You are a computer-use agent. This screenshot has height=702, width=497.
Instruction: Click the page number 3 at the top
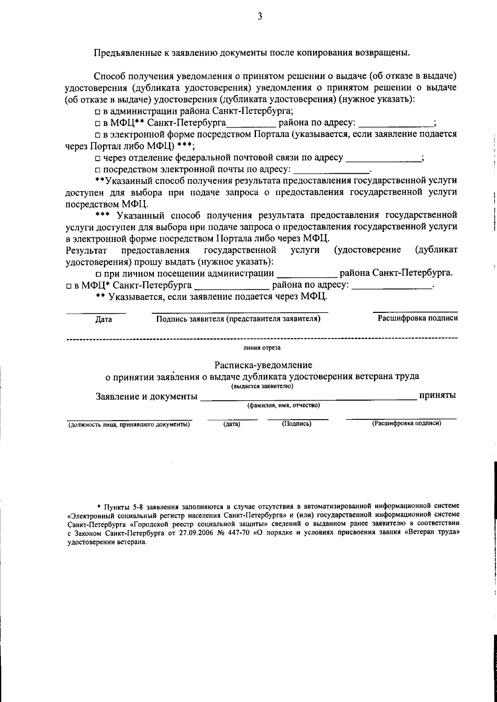pyautogui.click(x=260, y=17)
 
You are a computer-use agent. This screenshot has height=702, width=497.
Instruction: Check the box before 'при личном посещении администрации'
pyautogui.click(x=98, y=274)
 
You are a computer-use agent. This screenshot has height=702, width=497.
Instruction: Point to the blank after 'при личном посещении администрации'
pyautogui.click(x=306, y=275)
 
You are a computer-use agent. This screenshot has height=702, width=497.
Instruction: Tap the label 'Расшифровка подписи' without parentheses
pyautogui.click(x=417, y=318)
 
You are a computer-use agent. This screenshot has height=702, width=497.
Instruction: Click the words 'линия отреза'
pyautogui.click(x=262, y=348)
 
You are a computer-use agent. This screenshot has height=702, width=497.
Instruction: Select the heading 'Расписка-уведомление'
pyautogui.click(x=263, y=365)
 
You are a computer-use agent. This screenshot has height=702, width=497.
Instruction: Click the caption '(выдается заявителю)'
pyautogui.click(x=262, y=386)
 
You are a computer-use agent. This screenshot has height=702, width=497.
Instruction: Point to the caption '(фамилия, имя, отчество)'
pyautogui.click(x=284, y=406)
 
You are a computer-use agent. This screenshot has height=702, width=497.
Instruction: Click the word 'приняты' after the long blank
pyautogui.click(x=438, y=395)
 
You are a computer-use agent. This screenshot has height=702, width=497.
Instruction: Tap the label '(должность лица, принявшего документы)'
pyautogui.click(x=129, y=425)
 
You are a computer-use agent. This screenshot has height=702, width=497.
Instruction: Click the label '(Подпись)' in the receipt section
pyautogui.click(x=297, y=424)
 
